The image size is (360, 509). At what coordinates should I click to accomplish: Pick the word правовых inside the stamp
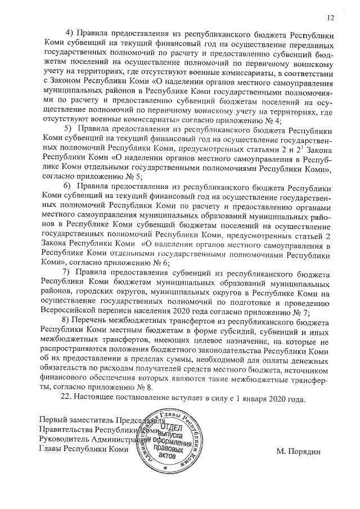pyautogui.click(x=169, y=450)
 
